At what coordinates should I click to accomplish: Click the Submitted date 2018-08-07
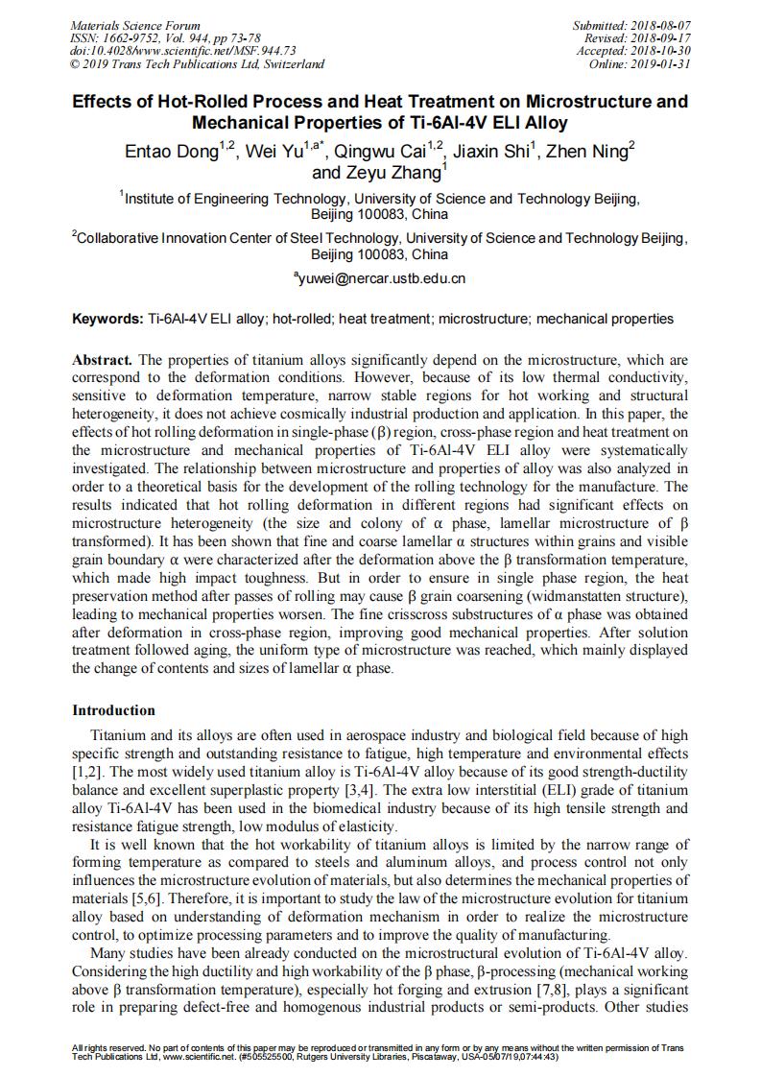click(x=657, y=26)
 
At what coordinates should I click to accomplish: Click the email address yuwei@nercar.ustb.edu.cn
click(x=382, y=279)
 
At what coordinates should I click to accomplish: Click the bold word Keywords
click(x=107, y=319)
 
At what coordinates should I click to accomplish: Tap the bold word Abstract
click(x=103, y=360)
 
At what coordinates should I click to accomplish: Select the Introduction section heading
click(x=113, y=711)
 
